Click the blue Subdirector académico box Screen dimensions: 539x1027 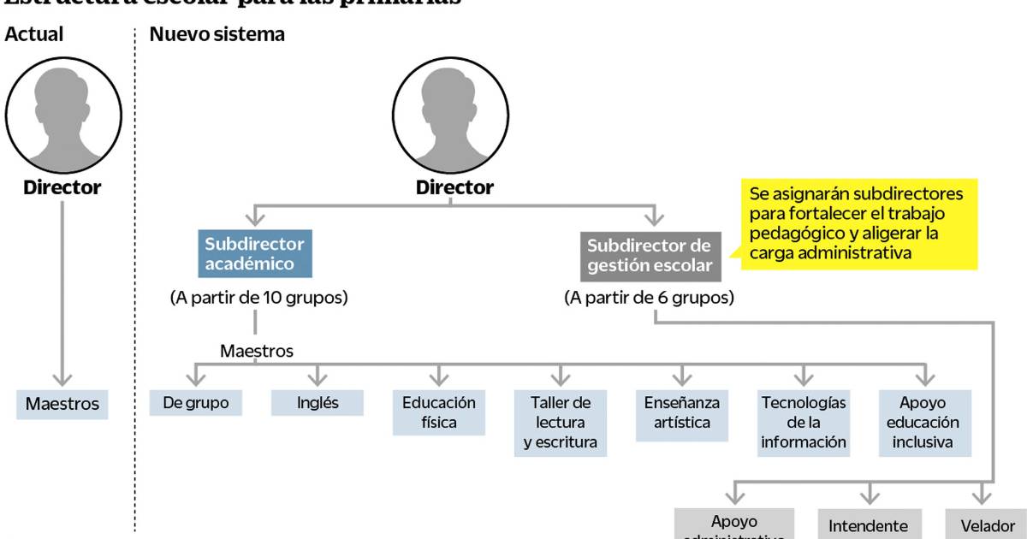(x=254, y=253)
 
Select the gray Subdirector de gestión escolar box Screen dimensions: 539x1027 (x=649, y=256)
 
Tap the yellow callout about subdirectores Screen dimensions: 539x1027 (x=858, y=223)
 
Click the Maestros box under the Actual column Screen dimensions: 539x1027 (x=62, y=404)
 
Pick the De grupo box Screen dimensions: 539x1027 (x=195, y=403)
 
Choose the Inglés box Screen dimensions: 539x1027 (x=317, y=403)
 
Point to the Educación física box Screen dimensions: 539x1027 (x=439, y=412)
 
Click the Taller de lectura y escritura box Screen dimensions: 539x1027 (x=561, y=423)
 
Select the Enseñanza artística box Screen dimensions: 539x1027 (x=682, y=412)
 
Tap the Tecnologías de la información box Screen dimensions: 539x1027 (x=803, y=422)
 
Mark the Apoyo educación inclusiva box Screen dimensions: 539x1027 (x=923, y=422)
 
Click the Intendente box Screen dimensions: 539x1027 (x=869, y=525)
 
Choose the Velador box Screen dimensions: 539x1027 (x=987, y=525)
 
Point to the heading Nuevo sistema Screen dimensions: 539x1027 (x=217, y=35)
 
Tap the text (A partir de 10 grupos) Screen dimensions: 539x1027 (x=258, y=299)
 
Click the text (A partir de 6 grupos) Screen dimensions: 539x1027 (x=649, y=299)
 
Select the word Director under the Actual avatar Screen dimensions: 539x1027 (x=62, y=187)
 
